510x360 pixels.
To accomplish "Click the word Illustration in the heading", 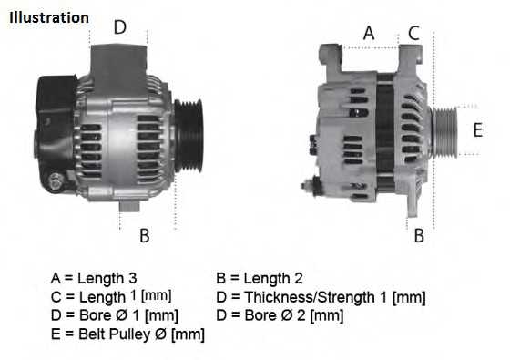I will [49, 17].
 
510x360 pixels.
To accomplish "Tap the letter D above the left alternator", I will [119, 27].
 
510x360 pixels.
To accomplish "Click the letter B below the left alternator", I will [144, 236].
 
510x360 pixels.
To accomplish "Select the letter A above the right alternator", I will [369, 33].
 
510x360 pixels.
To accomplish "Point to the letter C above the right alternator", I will [413, 33].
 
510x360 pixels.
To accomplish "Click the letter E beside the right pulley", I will [477, 129].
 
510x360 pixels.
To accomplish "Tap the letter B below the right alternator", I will [419, 236].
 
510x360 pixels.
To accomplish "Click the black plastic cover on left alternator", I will [56, 117].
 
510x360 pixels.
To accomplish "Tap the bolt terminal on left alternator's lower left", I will [56, 184].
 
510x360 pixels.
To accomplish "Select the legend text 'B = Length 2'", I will [260, 278].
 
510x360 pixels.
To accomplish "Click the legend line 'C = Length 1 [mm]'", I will [111, 297].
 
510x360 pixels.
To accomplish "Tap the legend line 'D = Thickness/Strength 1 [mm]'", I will [321, 297].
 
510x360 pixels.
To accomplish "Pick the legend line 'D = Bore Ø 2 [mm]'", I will [280, 316].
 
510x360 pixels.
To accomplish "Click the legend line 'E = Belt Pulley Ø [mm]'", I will [127, 334].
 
